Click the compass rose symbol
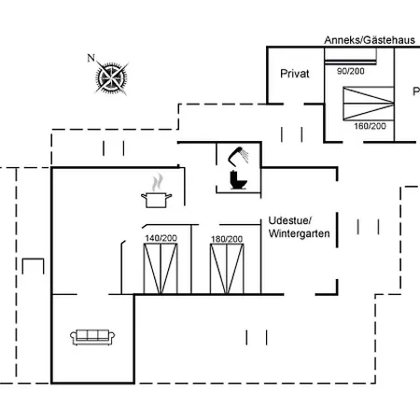click(x=112, y=77)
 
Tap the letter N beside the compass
click(x=91, y=58)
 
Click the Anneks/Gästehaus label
click(x=370, y=40)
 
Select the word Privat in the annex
click(x=295, y=74)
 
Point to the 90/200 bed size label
click(x=351, y=71)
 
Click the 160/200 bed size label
click(x=370, y=126)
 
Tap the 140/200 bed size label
click(x=161, y=238)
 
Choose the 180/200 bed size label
click(x=227, y=239)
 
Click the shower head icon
click(x=238, y=155)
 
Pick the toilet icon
click(x=238, y=180)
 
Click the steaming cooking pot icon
click(x=156, y=191)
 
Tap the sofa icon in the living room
click(x=92, y=337)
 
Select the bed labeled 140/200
click(x=161, y=269)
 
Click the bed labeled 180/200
click(x=227, y=269)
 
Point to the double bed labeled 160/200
click(x=369, y=104)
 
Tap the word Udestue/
click(x=289, y=220)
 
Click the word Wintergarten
click(x=300, y=233)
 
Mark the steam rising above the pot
click(x=158, y=182)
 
